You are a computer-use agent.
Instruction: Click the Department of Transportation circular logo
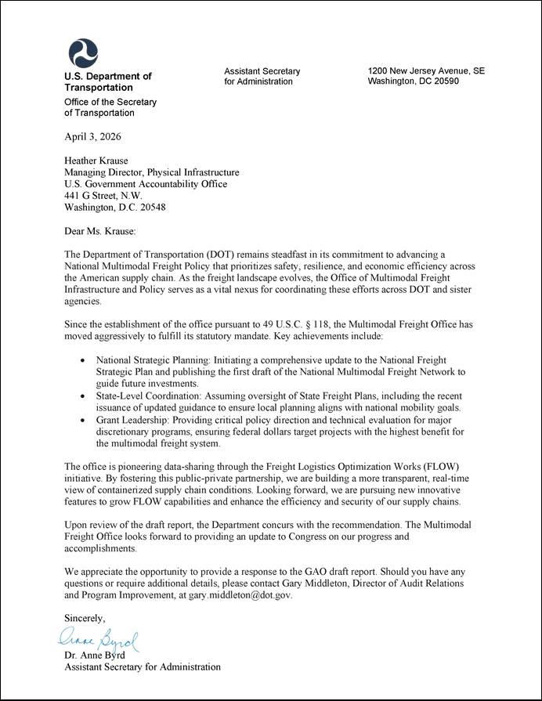click(83, 52)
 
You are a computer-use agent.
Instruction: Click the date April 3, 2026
click(92, 136)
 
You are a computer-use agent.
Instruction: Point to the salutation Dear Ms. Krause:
click(100, 231)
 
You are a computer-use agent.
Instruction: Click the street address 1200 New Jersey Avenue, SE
click(426, 71)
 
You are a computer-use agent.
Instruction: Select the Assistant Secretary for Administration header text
click(262, 77)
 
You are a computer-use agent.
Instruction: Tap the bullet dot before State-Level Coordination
click(85, 396)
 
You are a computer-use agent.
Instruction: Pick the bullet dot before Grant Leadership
click(85, 420)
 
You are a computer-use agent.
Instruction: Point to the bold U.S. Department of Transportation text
click(107, 82)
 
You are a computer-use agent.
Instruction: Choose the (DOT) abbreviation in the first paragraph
click(222, 255)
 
